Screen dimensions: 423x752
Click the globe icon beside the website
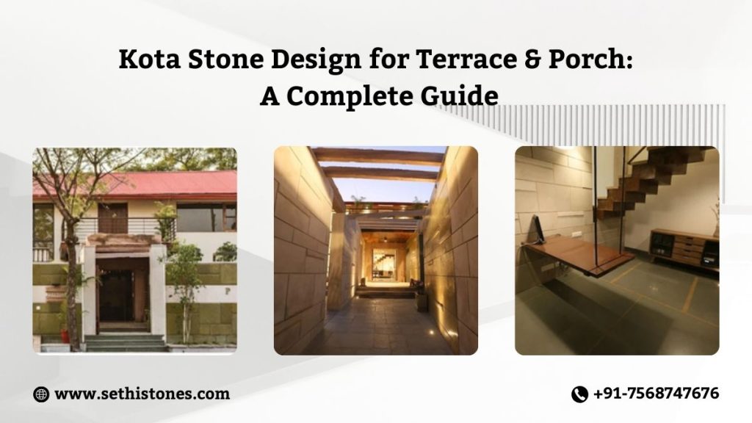[41, 394]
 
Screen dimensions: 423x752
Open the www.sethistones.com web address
[142, 394]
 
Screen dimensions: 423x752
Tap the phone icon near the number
[579, 394]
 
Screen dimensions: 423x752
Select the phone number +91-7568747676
[655, 394]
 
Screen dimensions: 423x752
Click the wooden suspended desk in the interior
[580, 254]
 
